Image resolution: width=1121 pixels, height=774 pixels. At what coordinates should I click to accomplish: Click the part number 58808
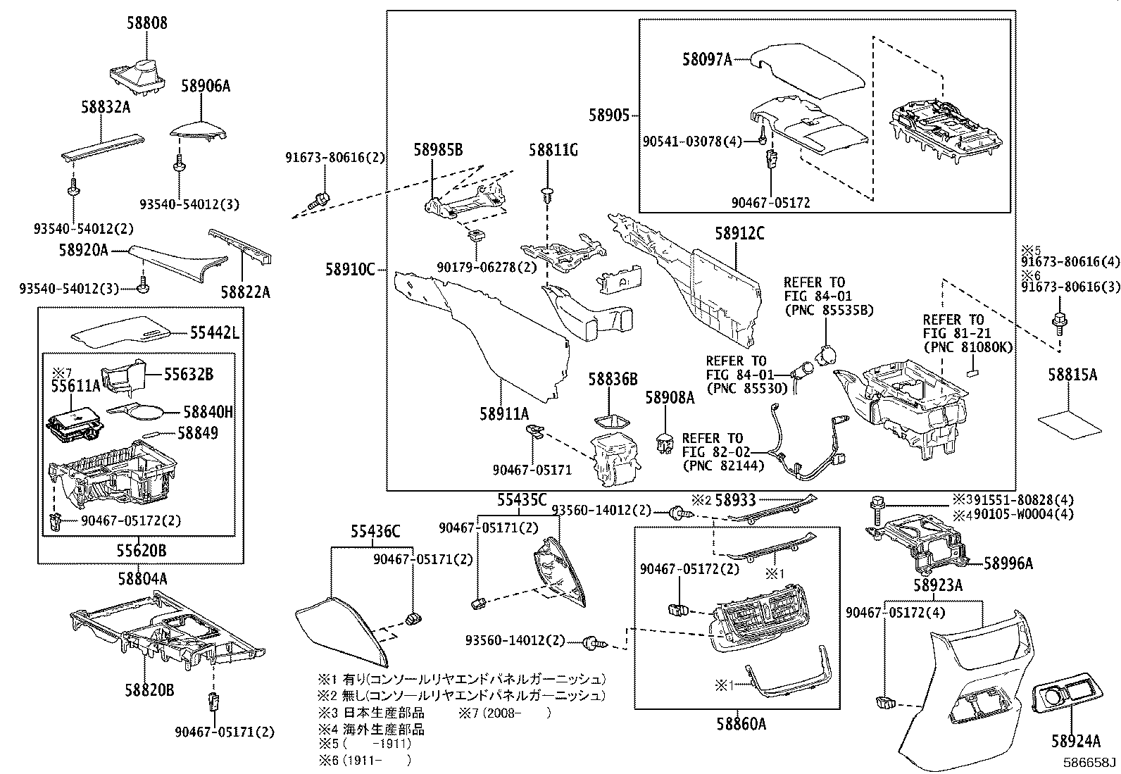147,23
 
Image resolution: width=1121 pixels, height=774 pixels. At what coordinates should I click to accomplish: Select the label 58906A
205,87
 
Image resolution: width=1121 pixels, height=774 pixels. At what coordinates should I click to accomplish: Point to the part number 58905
609,116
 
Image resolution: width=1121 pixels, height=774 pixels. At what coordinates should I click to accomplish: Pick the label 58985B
438,149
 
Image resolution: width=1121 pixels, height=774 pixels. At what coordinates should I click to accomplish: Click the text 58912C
739,234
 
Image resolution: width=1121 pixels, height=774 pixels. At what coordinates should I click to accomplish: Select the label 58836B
613,380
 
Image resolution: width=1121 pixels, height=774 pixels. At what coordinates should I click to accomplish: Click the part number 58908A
670,398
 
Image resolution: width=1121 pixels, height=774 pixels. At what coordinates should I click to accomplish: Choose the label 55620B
142,550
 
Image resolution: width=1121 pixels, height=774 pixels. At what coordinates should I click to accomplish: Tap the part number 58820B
149,691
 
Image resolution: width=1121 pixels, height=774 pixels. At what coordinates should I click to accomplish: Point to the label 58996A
1008,563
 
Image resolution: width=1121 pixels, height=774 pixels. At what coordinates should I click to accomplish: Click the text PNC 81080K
968,347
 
